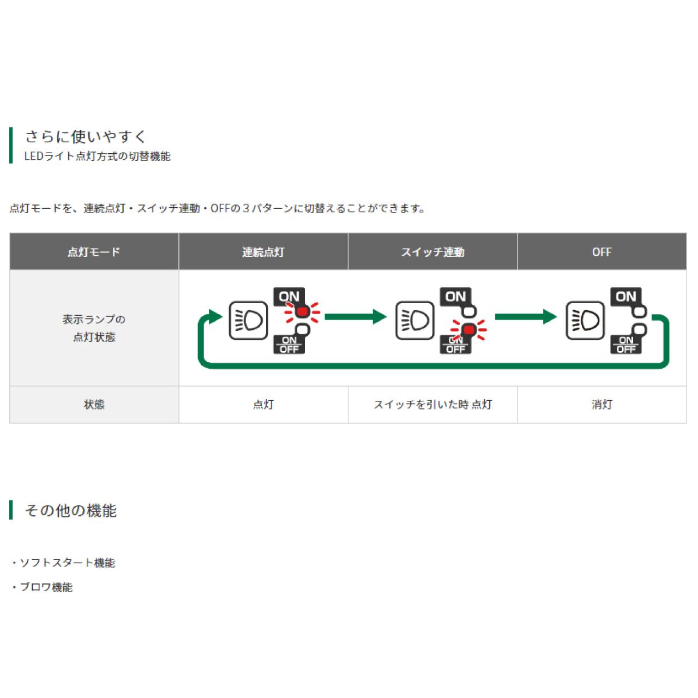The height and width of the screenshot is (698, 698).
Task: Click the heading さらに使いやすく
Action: point(86,136)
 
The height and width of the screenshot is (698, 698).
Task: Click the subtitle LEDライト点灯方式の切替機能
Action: point(98,157)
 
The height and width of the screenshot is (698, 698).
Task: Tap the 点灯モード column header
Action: point(94,252)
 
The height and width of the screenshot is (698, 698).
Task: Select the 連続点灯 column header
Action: point(263,252)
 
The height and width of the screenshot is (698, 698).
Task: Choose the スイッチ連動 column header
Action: point(432,252)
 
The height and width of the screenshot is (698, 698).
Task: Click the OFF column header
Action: point(601,252)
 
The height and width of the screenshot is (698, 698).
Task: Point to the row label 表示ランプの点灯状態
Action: point(94,328)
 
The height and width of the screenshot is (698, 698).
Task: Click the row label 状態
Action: point(94,405)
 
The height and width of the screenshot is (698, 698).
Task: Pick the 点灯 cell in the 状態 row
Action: point(263,405)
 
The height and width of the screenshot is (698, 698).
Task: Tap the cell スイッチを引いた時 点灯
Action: point(432,405)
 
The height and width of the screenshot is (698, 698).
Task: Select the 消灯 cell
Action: point(601,405)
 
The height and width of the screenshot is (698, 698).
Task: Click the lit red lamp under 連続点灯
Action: point(302,312)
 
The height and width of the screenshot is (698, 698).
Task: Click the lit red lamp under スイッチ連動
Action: point(468,330)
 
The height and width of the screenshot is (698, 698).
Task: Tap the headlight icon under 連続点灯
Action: point(248,320)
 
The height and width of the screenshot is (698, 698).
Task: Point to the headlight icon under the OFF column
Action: point(585,320)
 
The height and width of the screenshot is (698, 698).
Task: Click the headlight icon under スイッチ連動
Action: point(414,320)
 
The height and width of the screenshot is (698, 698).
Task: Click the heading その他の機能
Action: point(71,511)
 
